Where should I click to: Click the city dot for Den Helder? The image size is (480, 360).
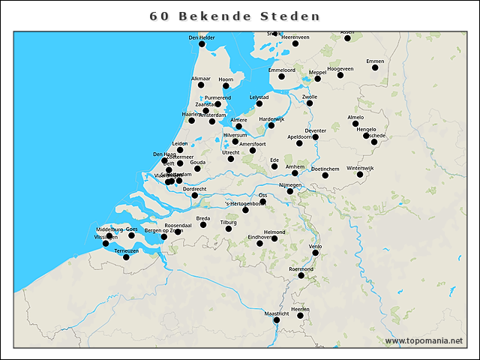click(x=202, y=44)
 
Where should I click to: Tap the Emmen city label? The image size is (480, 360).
click(x=375, y=61)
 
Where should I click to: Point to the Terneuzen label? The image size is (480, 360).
click(x=127, y=250)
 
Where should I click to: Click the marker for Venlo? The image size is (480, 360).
click(x=316, y=253)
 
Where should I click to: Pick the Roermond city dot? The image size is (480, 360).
click(x=301, y=275)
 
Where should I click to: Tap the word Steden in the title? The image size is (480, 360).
click(x=290, y=16)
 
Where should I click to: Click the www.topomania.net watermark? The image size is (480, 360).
click(x=424, y=340)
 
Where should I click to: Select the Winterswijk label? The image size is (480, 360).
click(x=360, y=168)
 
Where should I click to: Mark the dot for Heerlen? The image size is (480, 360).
click(x=301, y=316)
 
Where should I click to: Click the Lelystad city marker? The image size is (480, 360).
click(x=259, y=103)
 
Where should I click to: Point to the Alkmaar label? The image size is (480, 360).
click(x=201, y=79)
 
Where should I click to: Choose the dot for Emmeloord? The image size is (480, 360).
click(x=282, y=76)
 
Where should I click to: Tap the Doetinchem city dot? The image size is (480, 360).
click(x=325, y=175)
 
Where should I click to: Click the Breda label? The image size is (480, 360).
click(x=203, y=218)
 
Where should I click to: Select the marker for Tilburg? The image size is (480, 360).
click(x=229, y=229)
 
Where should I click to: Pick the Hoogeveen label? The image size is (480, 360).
click(x=340, y=68)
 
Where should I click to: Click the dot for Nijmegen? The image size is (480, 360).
click(x=290, y=191)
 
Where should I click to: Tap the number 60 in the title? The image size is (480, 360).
click(x=159, y=16)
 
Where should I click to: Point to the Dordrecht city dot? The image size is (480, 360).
click(x=195, y=196)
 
